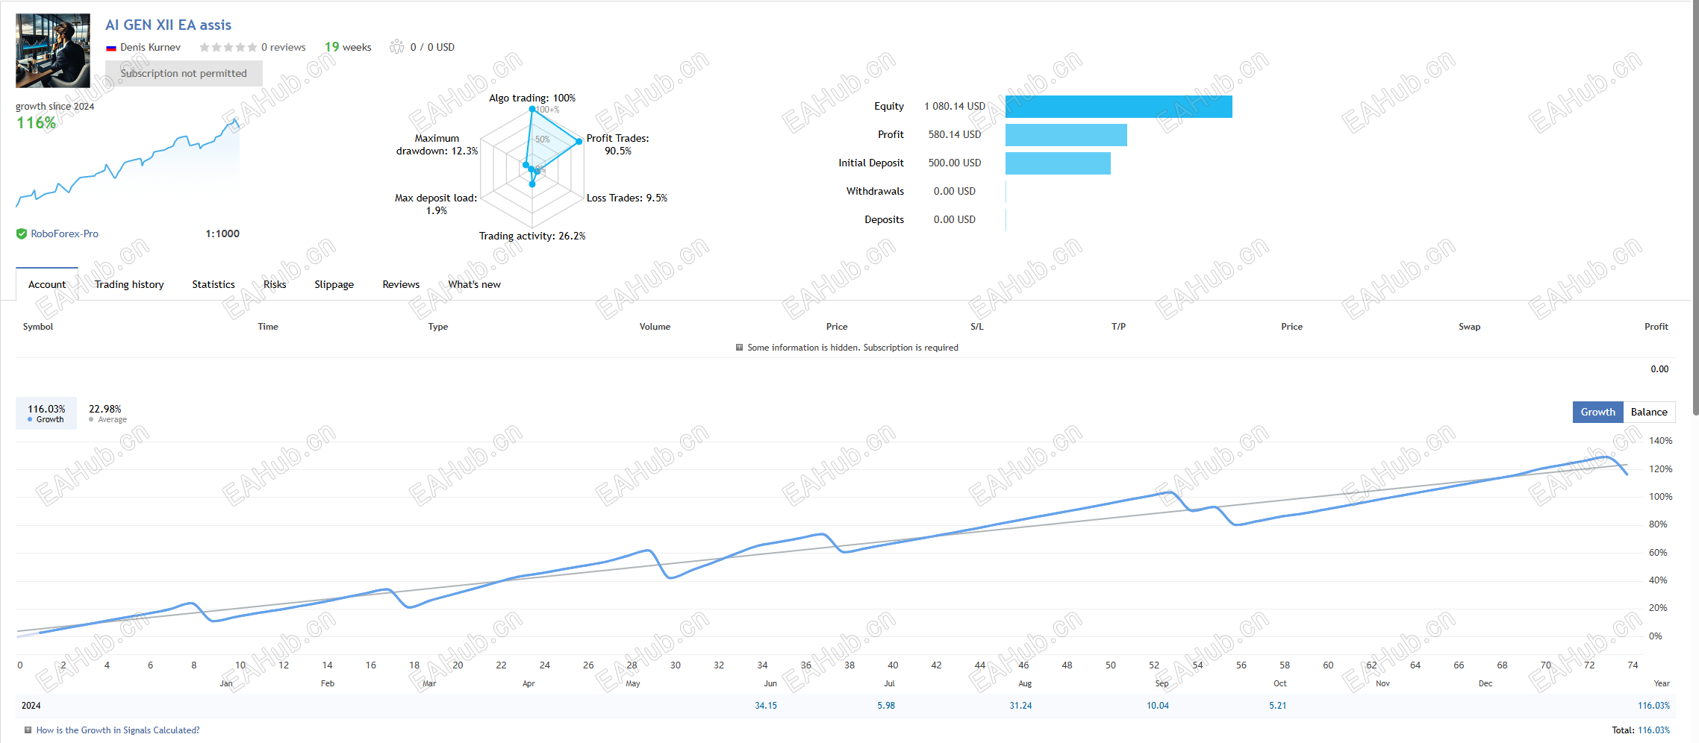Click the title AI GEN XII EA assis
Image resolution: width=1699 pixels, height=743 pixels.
(x=168, y=25)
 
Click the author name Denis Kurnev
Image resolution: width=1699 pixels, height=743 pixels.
(x=150, y=47)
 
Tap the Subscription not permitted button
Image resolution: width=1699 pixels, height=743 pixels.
(x=184, y=73)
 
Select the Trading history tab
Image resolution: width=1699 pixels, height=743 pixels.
(x=129, y=284)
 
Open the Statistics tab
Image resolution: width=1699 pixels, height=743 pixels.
(x=213, y=284)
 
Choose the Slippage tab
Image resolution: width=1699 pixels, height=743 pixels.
(x=334, y=284)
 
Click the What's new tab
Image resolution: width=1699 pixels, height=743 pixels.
(x=474, y=284)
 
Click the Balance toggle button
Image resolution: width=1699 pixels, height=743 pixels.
(x=1648, y=412)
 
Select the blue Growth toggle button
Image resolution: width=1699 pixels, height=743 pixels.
(x=1597, y=412)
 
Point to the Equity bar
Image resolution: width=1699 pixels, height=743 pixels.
(x=1118, y=107)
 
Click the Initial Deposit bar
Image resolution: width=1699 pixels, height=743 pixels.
(x=1058, y=163)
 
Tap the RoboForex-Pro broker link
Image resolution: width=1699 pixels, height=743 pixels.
(x=64, y=233)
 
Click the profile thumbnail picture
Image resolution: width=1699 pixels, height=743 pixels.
(x=53, y=51)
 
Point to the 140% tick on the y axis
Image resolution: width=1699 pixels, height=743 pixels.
(x=1660, y=441)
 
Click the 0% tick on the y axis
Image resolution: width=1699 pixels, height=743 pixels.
(x=1655, y=636)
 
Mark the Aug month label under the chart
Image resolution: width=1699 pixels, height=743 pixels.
(x=1025, y=683)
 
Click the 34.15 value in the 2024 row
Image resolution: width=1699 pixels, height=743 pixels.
(x=766, y=706)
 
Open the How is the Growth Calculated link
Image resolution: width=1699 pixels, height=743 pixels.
(x=118, y=730)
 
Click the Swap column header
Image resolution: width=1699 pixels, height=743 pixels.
(x=1469, y=327)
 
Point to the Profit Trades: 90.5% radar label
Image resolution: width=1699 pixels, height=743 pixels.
(x=617, y=144)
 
